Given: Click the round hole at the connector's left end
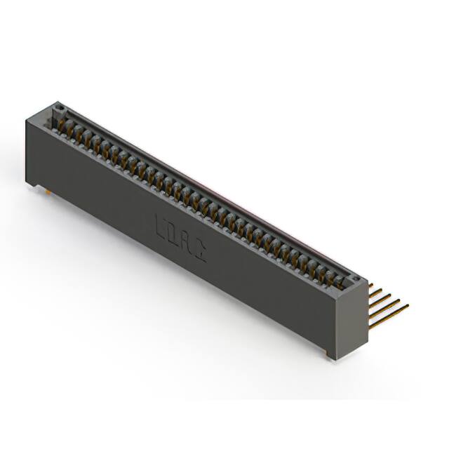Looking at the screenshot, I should [x=60, y=109].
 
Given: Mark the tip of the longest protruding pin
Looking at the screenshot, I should [x=408, y=303].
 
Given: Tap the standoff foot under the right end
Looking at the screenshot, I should [x=329, y=357].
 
